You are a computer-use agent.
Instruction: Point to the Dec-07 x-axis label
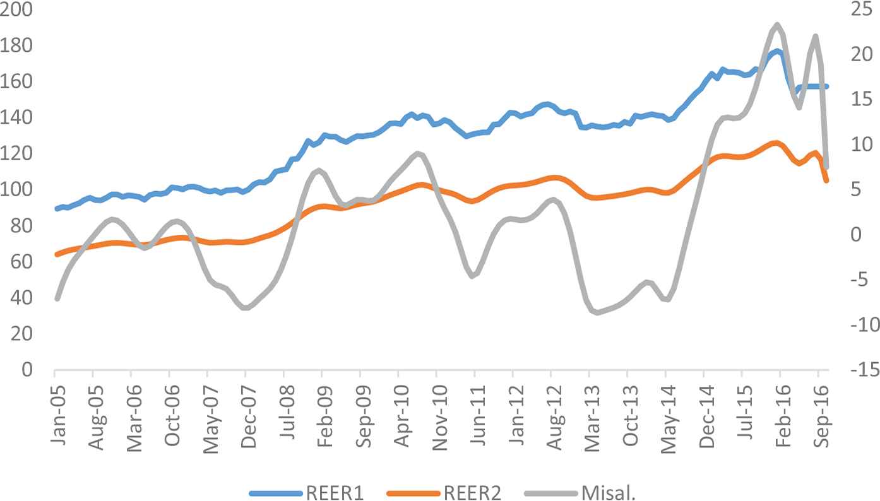click(246, 409)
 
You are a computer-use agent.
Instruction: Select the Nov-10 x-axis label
click(436, 409)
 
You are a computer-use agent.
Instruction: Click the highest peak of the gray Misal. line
click(777, 25)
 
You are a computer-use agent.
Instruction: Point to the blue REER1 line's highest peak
click(777, 50)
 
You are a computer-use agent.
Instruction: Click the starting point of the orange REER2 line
click(57, 254)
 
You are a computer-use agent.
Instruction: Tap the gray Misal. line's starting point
click(57, 298)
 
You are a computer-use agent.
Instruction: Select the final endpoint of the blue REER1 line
click(826, 86)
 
